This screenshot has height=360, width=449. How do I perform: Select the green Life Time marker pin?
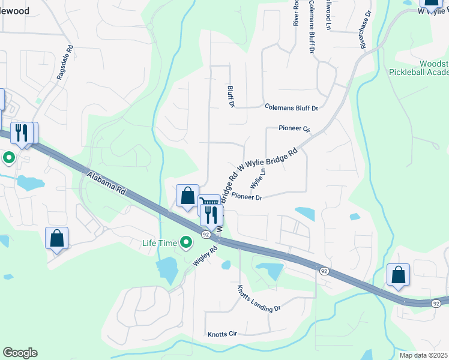click(187, 242)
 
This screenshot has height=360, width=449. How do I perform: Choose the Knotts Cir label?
click(223, 334)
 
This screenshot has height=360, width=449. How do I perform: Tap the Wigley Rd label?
click(205, 256)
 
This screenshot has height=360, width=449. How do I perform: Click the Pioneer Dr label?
click(247, 197)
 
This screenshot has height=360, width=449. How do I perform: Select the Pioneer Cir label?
click(294, 129)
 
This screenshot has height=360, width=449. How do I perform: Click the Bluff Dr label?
click(231, 96)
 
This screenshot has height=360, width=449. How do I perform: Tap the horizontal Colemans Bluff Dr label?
click(291, 107)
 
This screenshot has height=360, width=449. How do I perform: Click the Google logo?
click(20, 353)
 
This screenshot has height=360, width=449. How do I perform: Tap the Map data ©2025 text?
click(423, 355)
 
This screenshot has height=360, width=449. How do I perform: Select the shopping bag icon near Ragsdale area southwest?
click(57, 238)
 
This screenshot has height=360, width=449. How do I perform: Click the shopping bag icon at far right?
click(398, 275)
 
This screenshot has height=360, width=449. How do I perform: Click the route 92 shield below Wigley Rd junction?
click(205, 234)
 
